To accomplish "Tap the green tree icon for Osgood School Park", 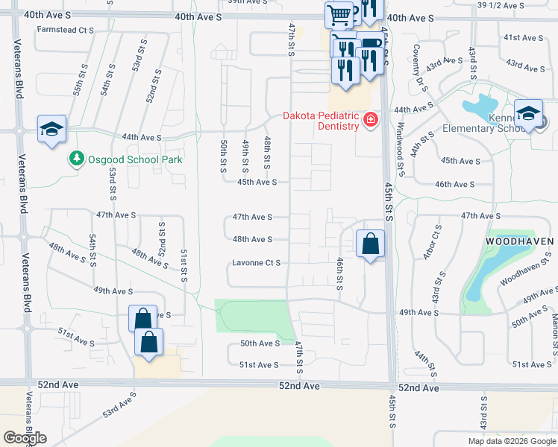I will click(x=76, y=159).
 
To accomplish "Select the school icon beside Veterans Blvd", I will click(x=53, y=130).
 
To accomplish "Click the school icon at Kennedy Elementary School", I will click(x=528, y=113).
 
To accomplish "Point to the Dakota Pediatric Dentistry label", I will click(x=321, y=121).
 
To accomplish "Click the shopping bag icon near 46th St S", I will click(x=370, y=244).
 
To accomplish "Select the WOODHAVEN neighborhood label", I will click(x=519, y=242).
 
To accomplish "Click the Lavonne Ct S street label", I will click(x=257, y=263).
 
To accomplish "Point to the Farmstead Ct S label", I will click(x=66, y=31).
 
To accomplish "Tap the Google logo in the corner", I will click(x=25, y=437).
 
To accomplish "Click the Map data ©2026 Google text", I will click(x=511, y=441).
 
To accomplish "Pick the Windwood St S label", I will click(x=401, y=150).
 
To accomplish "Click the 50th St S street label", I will click(x=223, y=156).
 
